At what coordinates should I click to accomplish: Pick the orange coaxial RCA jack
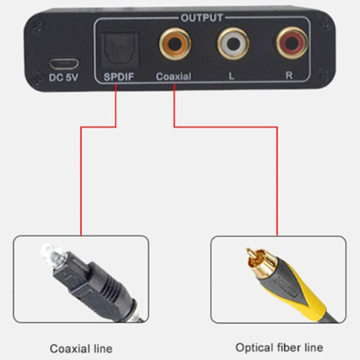coord(175,44)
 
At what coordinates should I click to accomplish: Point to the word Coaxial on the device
coord(173,77)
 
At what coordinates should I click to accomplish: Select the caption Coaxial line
coord(81,348)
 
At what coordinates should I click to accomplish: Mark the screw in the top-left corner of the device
coord(37,24)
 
